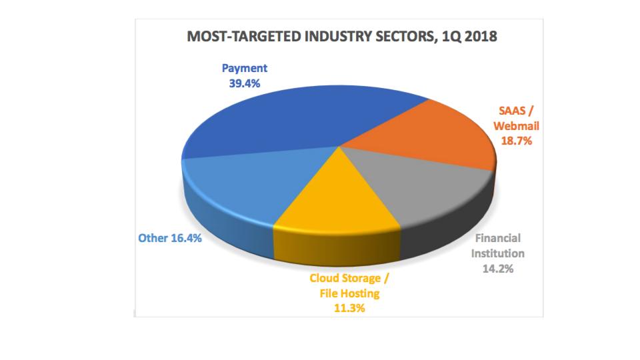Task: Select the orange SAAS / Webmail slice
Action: coord(427,137)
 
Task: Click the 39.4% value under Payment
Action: coord(244,84)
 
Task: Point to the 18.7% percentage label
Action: coord(516,141)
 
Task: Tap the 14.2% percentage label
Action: coord(497,269)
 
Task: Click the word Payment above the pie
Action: coord(244,69)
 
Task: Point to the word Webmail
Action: coord(516,126)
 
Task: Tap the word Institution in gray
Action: coord(497,253)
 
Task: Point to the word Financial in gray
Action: coord(497,238)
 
